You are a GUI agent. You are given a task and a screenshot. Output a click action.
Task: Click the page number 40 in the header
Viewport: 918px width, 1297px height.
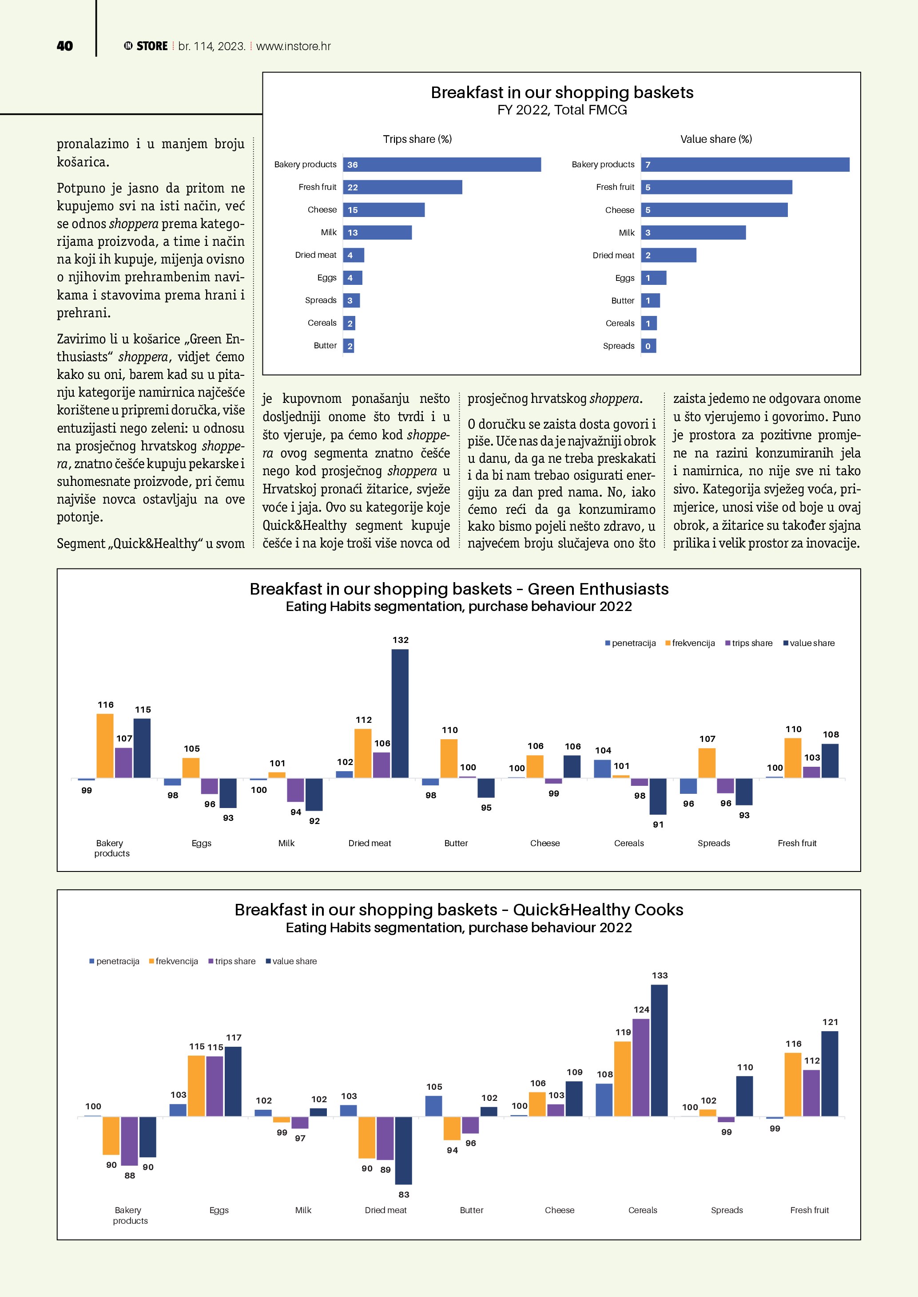coord(65,46)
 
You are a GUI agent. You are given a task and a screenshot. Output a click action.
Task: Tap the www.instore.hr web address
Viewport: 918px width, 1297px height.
coord(294,46)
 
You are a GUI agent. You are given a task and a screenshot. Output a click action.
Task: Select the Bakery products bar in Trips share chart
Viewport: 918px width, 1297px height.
coord(441,164)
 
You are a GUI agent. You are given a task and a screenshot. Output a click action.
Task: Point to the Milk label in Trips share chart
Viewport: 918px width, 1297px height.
coord(328,232)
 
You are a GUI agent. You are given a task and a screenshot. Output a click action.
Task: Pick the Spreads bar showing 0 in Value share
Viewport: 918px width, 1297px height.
coord(648,346)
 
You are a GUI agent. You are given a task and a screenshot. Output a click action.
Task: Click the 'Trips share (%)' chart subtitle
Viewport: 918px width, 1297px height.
coord(417,139)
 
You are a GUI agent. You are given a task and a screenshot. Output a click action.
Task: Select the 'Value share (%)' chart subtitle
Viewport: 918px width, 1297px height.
coord(715,139)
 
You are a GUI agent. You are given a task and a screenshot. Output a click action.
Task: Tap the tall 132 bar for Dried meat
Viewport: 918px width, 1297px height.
coord(400,713)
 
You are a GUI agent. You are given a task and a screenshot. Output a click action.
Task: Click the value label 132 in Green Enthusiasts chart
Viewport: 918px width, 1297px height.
coord(400,640)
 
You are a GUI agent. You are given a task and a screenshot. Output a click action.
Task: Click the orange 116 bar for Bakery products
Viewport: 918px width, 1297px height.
coord(105,745)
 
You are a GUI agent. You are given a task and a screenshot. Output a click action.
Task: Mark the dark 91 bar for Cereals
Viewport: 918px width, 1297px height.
coord(658,796)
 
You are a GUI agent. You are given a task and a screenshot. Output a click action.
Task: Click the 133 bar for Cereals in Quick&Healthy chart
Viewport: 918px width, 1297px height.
coord(659,1050)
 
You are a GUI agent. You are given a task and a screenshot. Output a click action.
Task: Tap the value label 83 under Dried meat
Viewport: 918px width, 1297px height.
coord(404,1194)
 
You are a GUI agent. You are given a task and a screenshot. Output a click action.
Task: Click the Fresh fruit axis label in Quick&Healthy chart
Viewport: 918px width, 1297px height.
coord(809,1210)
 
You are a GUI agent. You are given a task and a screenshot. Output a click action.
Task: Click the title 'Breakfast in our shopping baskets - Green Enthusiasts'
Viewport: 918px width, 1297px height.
coord(459,589)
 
